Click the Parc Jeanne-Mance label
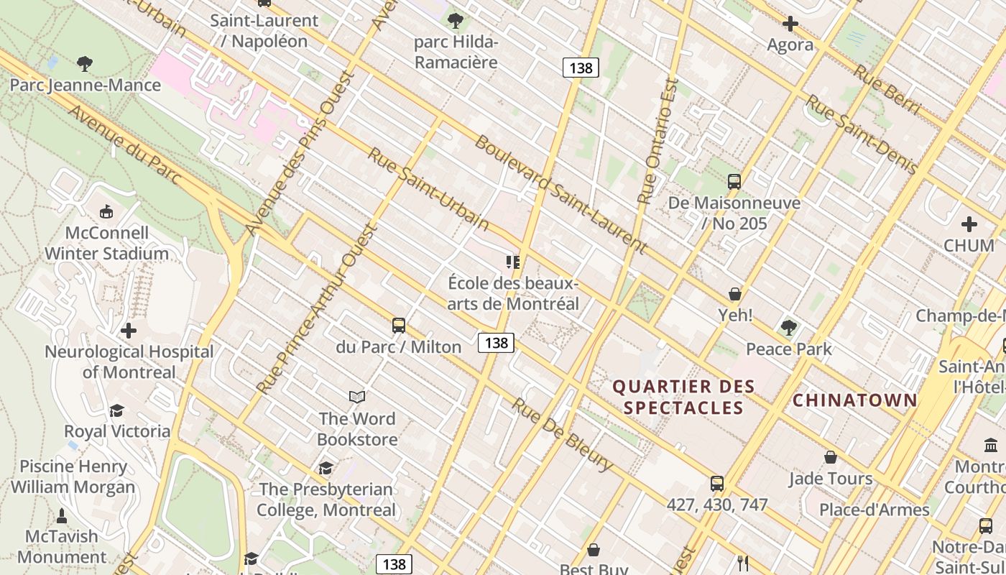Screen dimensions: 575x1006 click(x=85, y=86)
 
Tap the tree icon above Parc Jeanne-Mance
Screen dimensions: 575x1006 click(x=85, y=64)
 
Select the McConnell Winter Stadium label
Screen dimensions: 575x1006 click(x=106, y=243)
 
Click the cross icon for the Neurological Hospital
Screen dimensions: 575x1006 click(x=129, y=331)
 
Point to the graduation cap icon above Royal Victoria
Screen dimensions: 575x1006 click(x=116, y=410)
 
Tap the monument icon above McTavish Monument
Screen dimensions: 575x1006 click(x=62, y=515)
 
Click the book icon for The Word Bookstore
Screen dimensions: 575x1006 click(x=357, y=397)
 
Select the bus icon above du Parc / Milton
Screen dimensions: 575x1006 click(x=399, y=326)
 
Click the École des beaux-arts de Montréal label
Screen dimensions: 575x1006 click(x=513, y=293)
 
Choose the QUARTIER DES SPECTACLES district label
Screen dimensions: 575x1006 click(x=683, y=397)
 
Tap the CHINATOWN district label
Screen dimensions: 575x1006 click(x=855, y=400)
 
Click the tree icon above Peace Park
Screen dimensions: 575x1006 click(x=789, y=328)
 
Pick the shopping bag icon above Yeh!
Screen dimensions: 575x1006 click(x=735, y=294)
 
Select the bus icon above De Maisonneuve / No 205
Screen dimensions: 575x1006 click(x=734, y=182)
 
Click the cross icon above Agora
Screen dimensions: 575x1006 click(x=790, y=24)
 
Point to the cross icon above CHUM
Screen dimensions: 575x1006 click(x=969, y=224)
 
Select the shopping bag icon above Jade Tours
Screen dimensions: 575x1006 click(x=831, y=457)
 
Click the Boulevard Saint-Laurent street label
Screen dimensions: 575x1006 click(x=560, y=194)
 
